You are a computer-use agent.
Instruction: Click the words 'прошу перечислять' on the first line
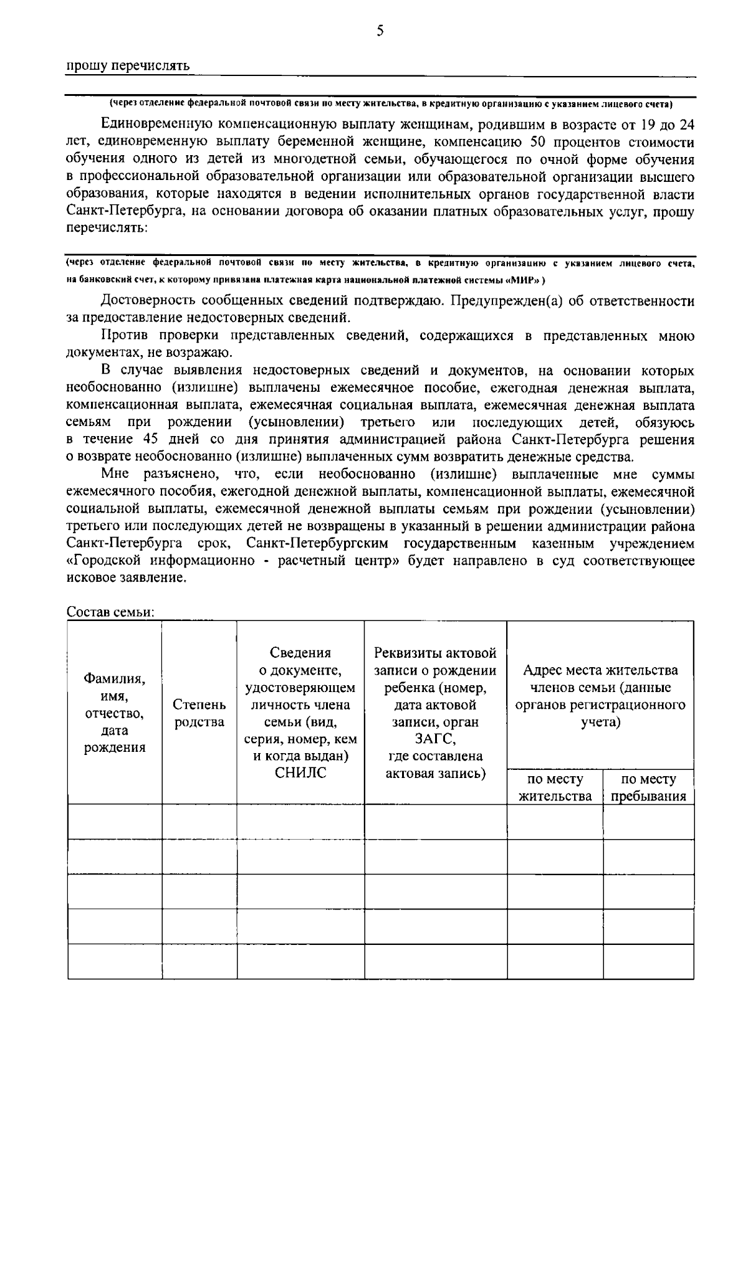[x=128, y=66]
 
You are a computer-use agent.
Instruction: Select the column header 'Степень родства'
[x=199, y=713]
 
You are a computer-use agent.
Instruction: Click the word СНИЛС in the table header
[x=300, y=774]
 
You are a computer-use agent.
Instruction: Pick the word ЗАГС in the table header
[x=435, y=739]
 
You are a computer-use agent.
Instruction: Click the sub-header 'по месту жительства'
[x=555, y=787]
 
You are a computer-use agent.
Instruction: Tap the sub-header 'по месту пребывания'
[x=648, y=787]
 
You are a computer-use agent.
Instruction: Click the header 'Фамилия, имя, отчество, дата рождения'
[x=115, y=713]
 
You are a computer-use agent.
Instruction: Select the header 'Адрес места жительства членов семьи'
[x=600, y=696]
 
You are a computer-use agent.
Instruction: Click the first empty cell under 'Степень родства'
[x=199, y=822]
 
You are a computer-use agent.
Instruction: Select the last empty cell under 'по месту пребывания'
[x=648, y=961]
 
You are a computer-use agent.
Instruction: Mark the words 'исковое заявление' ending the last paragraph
[x=126, y=577]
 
